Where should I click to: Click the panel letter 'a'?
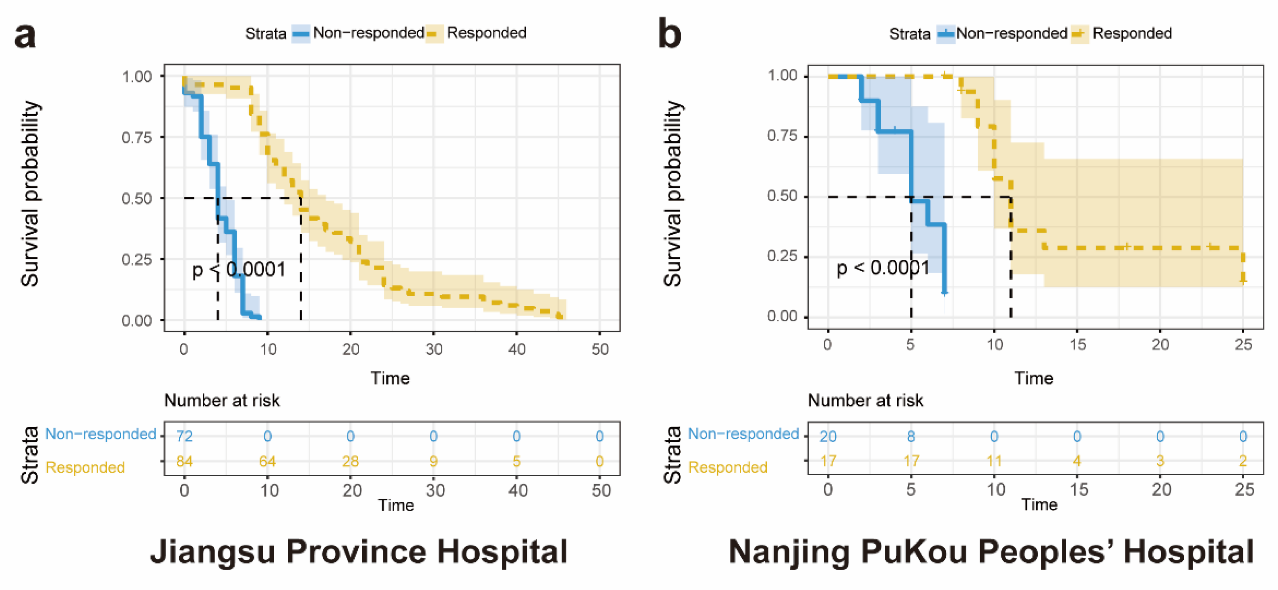click(x=25, y=36)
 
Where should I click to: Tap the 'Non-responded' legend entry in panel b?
click(x=1011, y=33)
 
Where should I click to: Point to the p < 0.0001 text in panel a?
click(x=239, y=270)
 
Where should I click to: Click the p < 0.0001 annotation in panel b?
click(x=883, y=268)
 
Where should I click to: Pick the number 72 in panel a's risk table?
click(x=184, y=436)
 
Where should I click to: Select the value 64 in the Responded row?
click(x=267, y=462)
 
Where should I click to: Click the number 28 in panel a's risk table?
click(x=350, y=462)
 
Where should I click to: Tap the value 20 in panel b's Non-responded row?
click(x=828, y=436)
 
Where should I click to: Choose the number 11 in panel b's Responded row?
click(x=994, y=461)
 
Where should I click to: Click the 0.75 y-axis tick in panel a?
click(x=137, y=138)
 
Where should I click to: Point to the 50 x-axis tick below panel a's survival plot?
click(x=600, y=349)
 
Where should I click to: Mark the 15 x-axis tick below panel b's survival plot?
click(x=1077, y=345)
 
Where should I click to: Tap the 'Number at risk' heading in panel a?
click(x=222, y=400)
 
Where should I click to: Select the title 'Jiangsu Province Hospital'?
click(x=359, y=552)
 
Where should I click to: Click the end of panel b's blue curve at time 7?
click(x=944, y=292)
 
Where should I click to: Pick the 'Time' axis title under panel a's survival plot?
click(x=390, y=378)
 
